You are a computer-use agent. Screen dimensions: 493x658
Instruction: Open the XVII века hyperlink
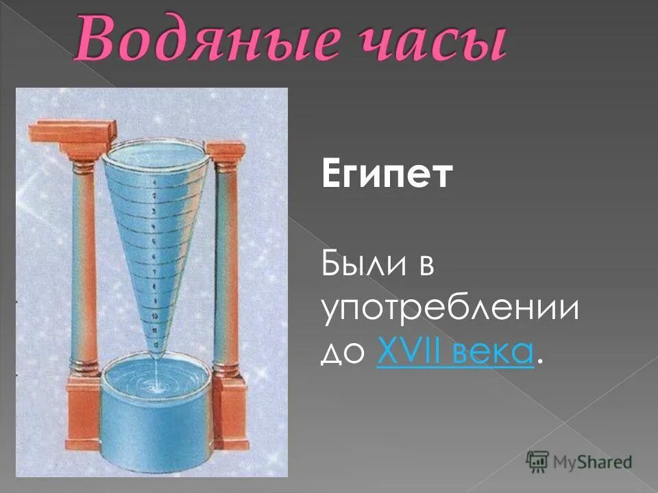point(454,352)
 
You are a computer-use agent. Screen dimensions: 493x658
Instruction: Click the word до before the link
point(345,353)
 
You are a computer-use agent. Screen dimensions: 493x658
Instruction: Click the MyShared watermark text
point(594,461)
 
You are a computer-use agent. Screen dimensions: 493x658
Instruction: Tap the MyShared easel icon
point(537,460)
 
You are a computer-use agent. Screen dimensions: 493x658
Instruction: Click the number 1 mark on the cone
point(156,182)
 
